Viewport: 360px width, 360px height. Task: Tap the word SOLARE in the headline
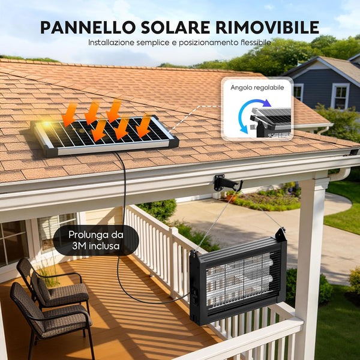point(176,28)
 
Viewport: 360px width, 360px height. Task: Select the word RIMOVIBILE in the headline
point(267,28)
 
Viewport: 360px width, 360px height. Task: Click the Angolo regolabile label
point(257,88)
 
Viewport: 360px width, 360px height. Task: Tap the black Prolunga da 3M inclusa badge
point(96,240)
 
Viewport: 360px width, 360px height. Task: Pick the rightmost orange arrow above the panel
point(143,125)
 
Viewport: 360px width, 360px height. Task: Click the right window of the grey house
point(340,96)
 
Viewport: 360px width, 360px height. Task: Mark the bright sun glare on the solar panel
point(47,124)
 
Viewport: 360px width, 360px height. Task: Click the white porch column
point(310,264)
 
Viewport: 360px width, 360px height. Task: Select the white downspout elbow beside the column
point(340,174)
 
